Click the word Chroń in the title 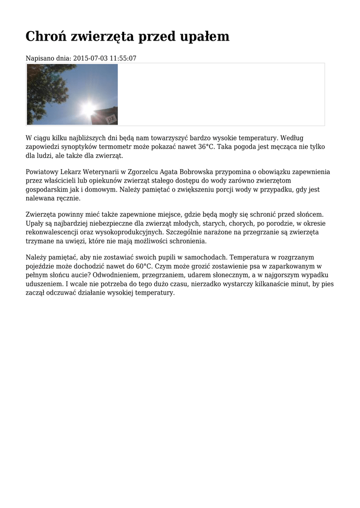[46, 37]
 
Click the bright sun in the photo [88, 108]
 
